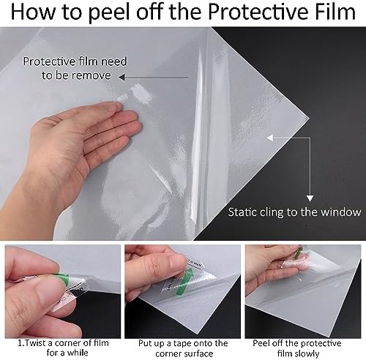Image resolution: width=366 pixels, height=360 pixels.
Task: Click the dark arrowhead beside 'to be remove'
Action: [x=122, y=78]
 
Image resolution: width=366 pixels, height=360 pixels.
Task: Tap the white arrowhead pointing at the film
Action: [x=270, y=138]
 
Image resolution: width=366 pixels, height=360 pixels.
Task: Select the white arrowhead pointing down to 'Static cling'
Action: [x=310, y=198]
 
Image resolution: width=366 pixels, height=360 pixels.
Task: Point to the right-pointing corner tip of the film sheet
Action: [x=309, y=119]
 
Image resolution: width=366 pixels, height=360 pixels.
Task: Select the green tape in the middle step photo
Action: [x=185, y=281]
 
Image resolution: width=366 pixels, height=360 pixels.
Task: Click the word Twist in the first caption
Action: [x=36, y=343]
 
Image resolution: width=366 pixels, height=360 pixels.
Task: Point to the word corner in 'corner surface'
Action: [x=169, y=354]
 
